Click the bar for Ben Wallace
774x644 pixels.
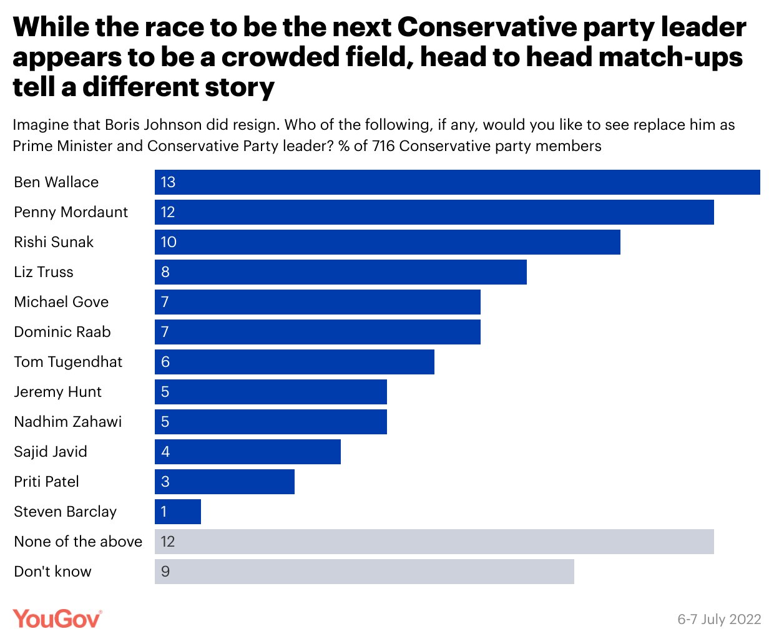457,182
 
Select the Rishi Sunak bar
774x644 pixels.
387,242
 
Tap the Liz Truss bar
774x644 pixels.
340,272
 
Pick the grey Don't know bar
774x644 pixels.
364,572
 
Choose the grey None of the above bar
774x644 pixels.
434,542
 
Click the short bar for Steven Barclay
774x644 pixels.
178,512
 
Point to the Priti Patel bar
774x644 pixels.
225,482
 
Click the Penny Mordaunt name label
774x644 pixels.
71,212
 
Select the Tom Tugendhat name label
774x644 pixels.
68,362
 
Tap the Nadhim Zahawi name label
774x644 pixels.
67,422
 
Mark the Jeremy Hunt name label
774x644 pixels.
57,392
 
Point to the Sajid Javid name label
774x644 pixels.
51,452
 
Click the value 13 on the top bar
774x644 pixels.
168,182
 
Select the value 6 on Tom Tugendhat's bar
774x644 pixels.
165,362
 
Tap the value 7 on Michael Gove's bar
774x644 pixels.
165,302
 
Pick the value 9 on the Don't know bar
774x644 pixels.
165,572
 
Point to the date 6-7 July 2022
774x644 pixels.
719,619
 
